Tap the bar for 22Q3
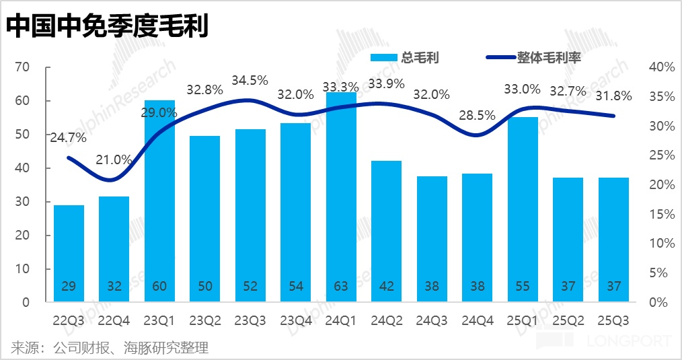point(69,252)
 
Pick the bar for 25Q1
point(523,209)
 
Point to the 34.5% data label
point(250,80)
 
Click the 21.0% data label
point(114,159)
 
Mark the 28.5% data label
point(477,115)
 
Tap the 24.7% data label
point(68,138)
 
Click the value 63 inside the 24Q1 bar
point(341,286)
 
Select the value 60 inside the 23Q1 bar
point(159,286)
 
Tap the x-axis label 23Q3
point(250,321)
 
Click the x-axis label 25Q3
point(613,321)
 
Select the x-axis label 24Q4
point(477,321)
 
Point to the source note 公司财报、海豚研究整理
point(110,348)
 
